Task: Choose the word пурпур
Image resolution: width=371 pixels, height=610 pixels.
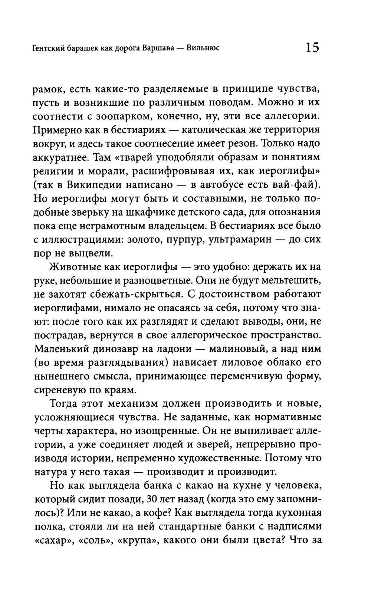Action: pos(182,239)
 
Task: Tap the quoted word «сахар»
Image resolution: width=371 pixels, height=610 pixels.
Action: pos(52,541)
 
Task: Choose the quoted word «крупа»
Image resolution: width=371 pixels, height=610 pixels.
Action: pos(137,541)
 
